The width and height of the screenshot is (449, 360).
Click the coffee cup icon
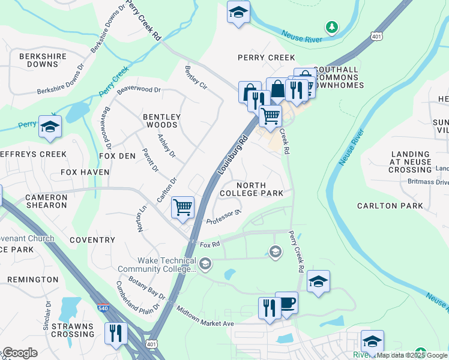point(286,302)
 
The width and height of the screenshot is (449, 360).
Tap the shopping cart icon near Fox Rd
point(182,208)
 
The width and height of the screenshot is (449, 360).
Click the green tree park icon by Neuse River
point(331,27)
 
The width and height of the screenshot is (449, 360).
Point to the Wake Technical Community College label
point(166,265)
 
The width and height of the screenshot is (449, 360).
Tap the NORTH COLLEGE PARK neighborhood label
point(251,189)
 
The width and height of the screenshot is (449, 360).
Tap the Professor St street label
point(223,217)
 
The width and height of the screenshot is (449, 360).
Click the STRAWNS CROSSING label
point(71,331)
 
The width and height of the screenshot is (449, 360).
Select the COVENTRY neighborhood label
point(92,240)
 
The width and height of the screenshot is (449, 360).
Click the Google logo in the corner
point(19,353)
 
